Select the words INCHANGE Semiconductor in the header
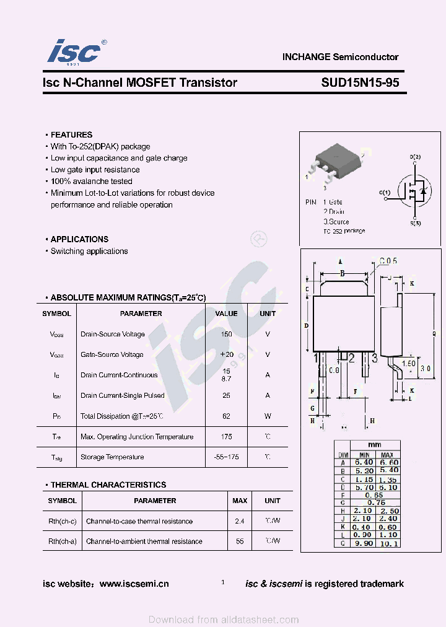coord(340,57)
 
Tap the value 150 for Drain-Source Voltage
coord(226,334)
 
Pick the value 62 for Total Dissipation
coord(226,416)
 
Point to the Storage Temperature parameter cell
coord(112,457)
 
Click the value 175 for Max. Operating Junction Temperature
coord(226,437)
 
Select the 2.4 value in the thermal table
coord(240,521)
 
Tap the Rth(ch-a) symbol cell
coord(63,541)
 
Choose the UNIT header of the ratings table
coord(268,313)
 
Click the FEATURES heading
coord(71,134)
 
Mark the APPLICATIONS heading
coord(79,239)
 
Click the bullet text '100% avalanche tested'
coord(91,182)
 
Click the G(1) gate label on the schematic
coord(385,193)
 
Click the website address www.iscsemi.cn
coord(134,584)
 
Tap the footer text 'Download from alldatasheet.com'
coord(224,620)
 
